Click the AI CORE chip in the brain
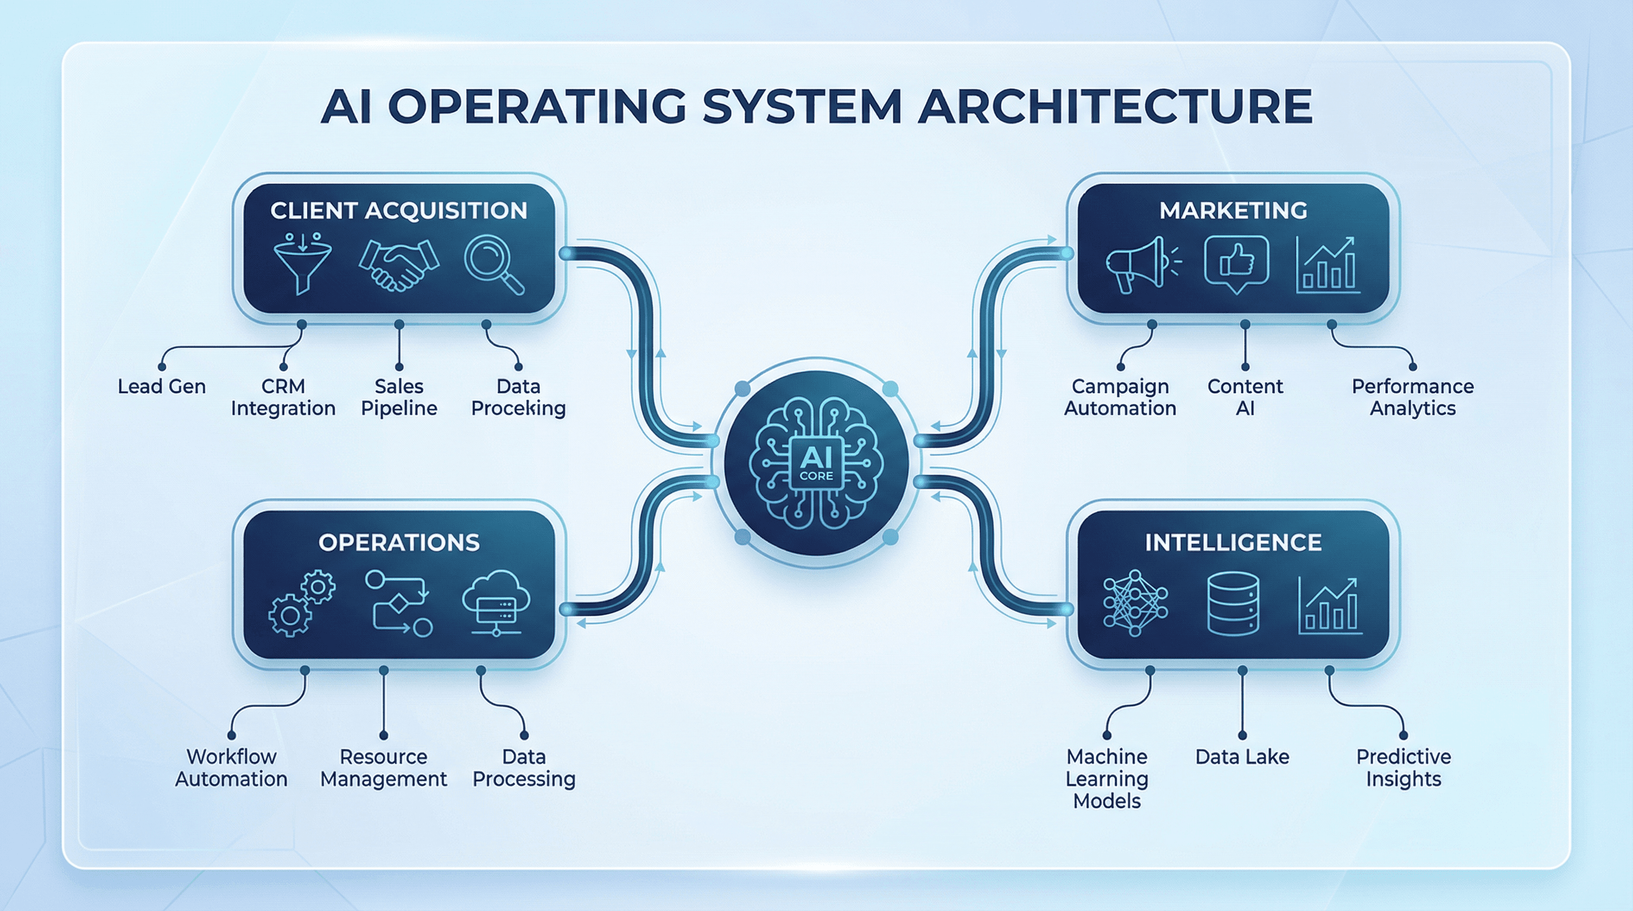click(x=816, y=463)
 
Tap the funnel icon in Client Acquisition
click(x=303, y=263)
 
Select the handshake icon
click(x=398, y=264)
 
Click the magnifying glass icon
click(x=493, y=264)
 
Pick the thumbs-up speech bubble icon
click(x=1236, y=263)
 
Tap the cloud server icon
click(x=495, y=603)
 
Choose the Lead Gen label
click(x=161, y=387)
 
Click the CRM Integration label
click(x=282, y=397)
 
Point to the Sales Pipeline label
click(x=399, y=397)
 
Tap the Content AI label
click(x=1245, y=397)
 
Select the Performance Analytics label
click(x=1412, y=397)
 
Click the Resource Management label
click(x=383, y=767)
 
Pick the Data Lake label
click(x=1242, y=756)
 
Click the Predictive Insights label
click(x=1403, y=767)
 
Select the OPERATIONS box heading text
click(x=399, y=542)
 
